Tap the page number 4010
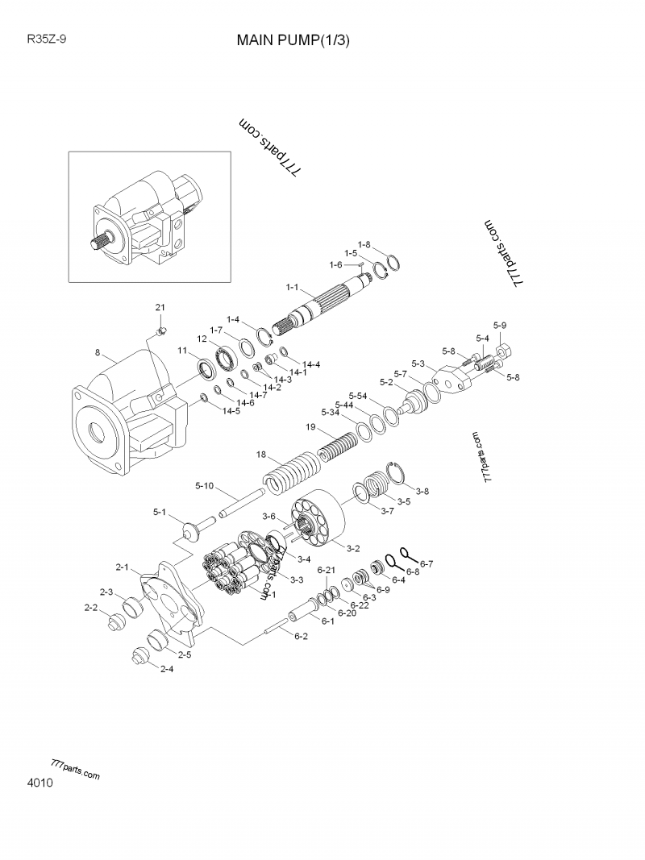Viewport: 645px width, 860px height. pos(40,783)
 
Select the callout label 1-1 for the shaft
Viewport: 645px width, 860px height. pos(293,287)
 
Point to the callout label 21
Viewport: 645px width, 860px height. pos(160,308)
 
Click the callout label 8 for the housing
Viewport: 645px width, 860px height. pos(98,352)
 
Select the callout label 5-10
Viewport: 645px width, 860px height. pos(204,485)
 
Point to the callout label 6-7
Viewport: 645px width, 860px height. pos(427,563)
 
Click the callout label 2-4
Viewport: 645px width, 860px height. pos(166,669)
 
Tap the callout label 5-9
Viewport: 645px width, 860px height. pos(500,325)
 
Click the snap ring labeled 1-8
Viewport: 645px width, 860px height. pos(393,264)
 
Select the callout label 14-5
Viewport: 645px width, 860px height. pos(231,410)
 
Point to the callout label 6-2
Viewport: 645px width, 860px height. pos(301,636)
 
